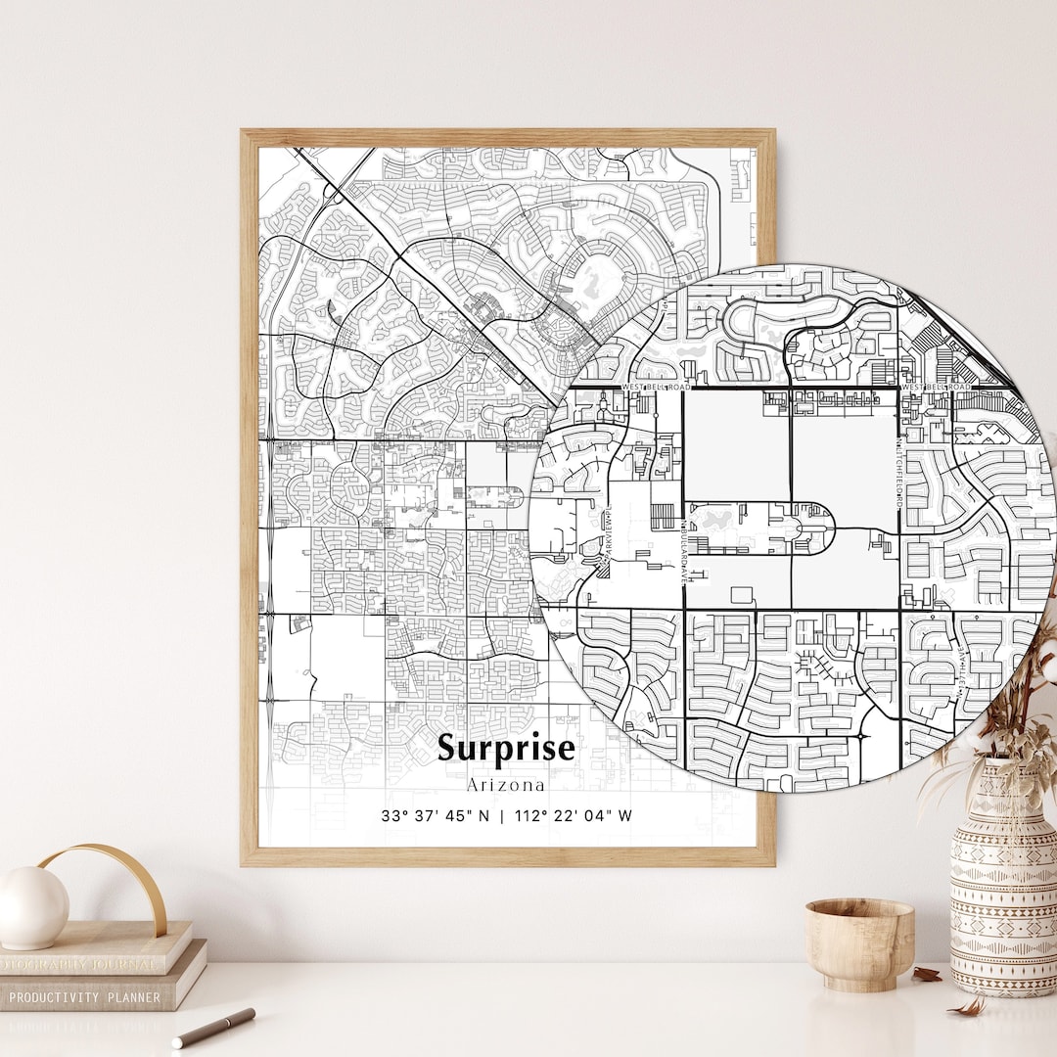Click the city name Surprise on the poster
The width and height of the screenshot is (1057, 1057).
[x=506, y=748]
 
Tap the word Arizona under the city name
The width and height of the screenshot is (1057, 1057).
[x=506, y=785]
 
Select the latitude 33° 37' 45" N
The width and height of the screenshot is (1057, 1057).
[x=435, y=815]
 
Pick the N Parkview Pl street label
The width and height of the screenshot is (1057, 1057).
[x=607, y=532]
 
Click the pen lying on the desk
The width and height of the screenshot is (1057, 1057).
[x=213, y=1028]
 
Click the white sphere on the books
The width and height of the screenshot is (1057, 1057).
[x=31, y=907]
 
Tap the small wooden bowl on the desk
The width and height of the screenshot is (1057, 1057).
[x=858, y=942]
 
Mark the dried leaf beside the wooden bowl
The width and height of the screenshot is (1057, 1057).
[x=925, y=975]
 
